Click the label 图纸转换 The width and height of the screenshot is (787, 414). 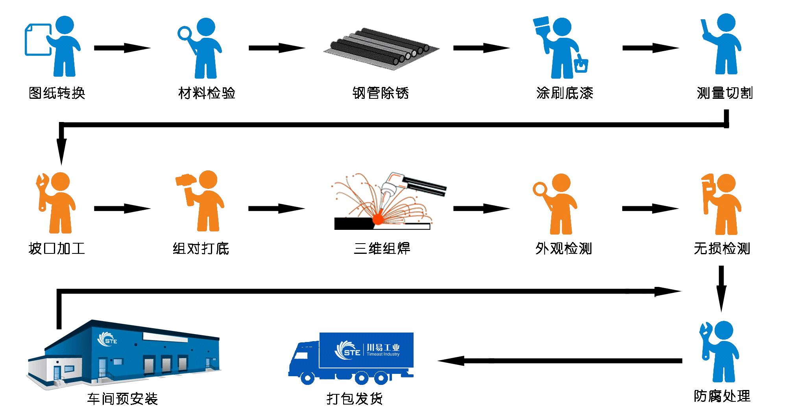click(x=57, y=93)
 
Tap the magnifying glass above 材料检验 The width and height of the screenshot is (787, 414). click(x=184, y=33)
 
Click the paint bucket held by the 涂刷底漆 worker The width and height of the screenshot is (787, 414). click(x=581, y=65)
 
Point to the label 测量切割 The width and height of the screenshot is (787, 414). click(x=724, y=93)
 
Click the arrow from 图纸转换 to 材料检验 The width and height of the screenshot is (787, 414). click(x=122, y=48)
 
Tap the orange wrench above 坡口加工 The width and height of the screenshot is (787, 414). click(x=41, y=191)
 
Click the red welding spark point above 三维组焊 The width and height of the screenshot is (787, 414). click(x=378, y=219)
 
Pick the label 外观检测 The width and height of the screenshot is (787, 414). click(x=563, y=249)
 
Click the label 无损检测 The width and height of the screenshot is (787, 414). click(x=722, y=249)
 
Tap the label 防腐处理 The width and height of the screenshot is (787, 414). click(x=722, y=396)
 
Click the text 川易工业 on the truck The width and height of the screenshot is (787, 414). click(x=383, y=347)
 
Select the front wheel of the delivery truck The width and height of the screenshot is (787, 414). click(x=307, y=378)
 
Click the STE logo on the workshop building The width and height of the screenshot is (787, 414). click(x=107, y=340)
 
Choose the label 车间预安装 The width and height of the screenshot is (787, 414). click(x=122, y=399)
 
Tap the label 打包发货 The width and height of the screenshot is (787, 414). click(x=355, y=399)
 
